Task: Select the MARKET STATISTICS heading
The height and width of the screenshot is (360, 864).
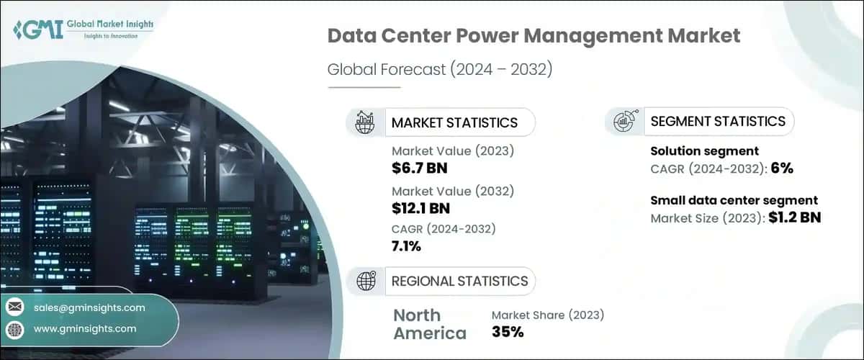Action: click(454, 122)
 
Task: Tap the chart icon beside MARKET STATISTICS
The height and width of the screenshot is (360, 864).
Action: click(364, 122)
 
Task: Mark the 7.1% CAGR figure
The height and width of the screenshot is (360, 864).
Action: click(407, 247)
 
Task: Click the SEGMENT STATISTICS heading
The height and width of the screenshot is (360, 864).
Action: click(717, 122)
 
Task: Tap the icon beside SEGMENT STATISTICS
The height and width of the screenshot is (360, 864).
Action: click(624, 122)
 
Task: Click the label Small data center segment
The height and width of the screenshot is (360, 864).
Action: click(734, 200)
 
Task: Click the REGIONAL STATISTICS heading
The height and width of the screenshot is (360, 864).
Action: click(459, 281)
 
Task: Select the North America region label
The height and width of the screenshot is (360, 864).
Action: click(430, 324)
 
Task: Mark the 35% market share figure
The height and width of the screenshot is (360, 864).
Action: click(508, 332)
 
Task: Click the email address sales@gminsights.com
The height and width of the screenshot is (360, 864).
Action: click(89, 307)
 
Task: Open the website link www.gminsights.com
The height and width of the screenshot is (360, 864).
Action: click(85, 328)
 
